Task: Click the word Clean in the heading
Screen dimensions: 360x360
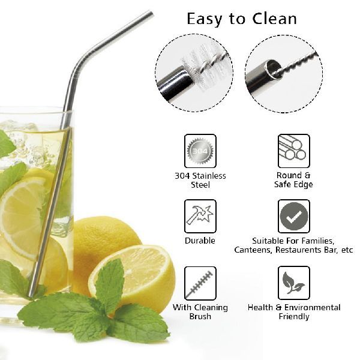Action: click(275, 19)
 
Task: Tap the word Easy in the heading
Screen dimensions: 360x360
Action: click(205, 19)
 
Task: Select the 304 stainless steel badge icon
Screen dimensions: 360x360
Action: click(200, 151)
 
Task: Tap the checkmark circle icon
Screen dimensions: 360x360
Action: click(293, 216)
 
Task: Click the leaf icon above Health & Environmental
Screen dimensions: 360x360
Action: click(293, 283)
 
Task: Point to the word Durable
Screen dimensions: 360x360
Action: click(200, 241)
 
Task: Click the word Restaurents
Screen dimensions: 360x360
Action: click(299, 250)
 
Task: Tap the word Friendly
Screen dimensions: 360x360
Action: click(294, 317)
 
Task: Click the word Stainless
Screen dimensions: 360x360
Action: click(209, 176)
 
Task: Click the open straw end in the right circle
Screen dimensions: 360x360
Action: click(274, 69)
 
